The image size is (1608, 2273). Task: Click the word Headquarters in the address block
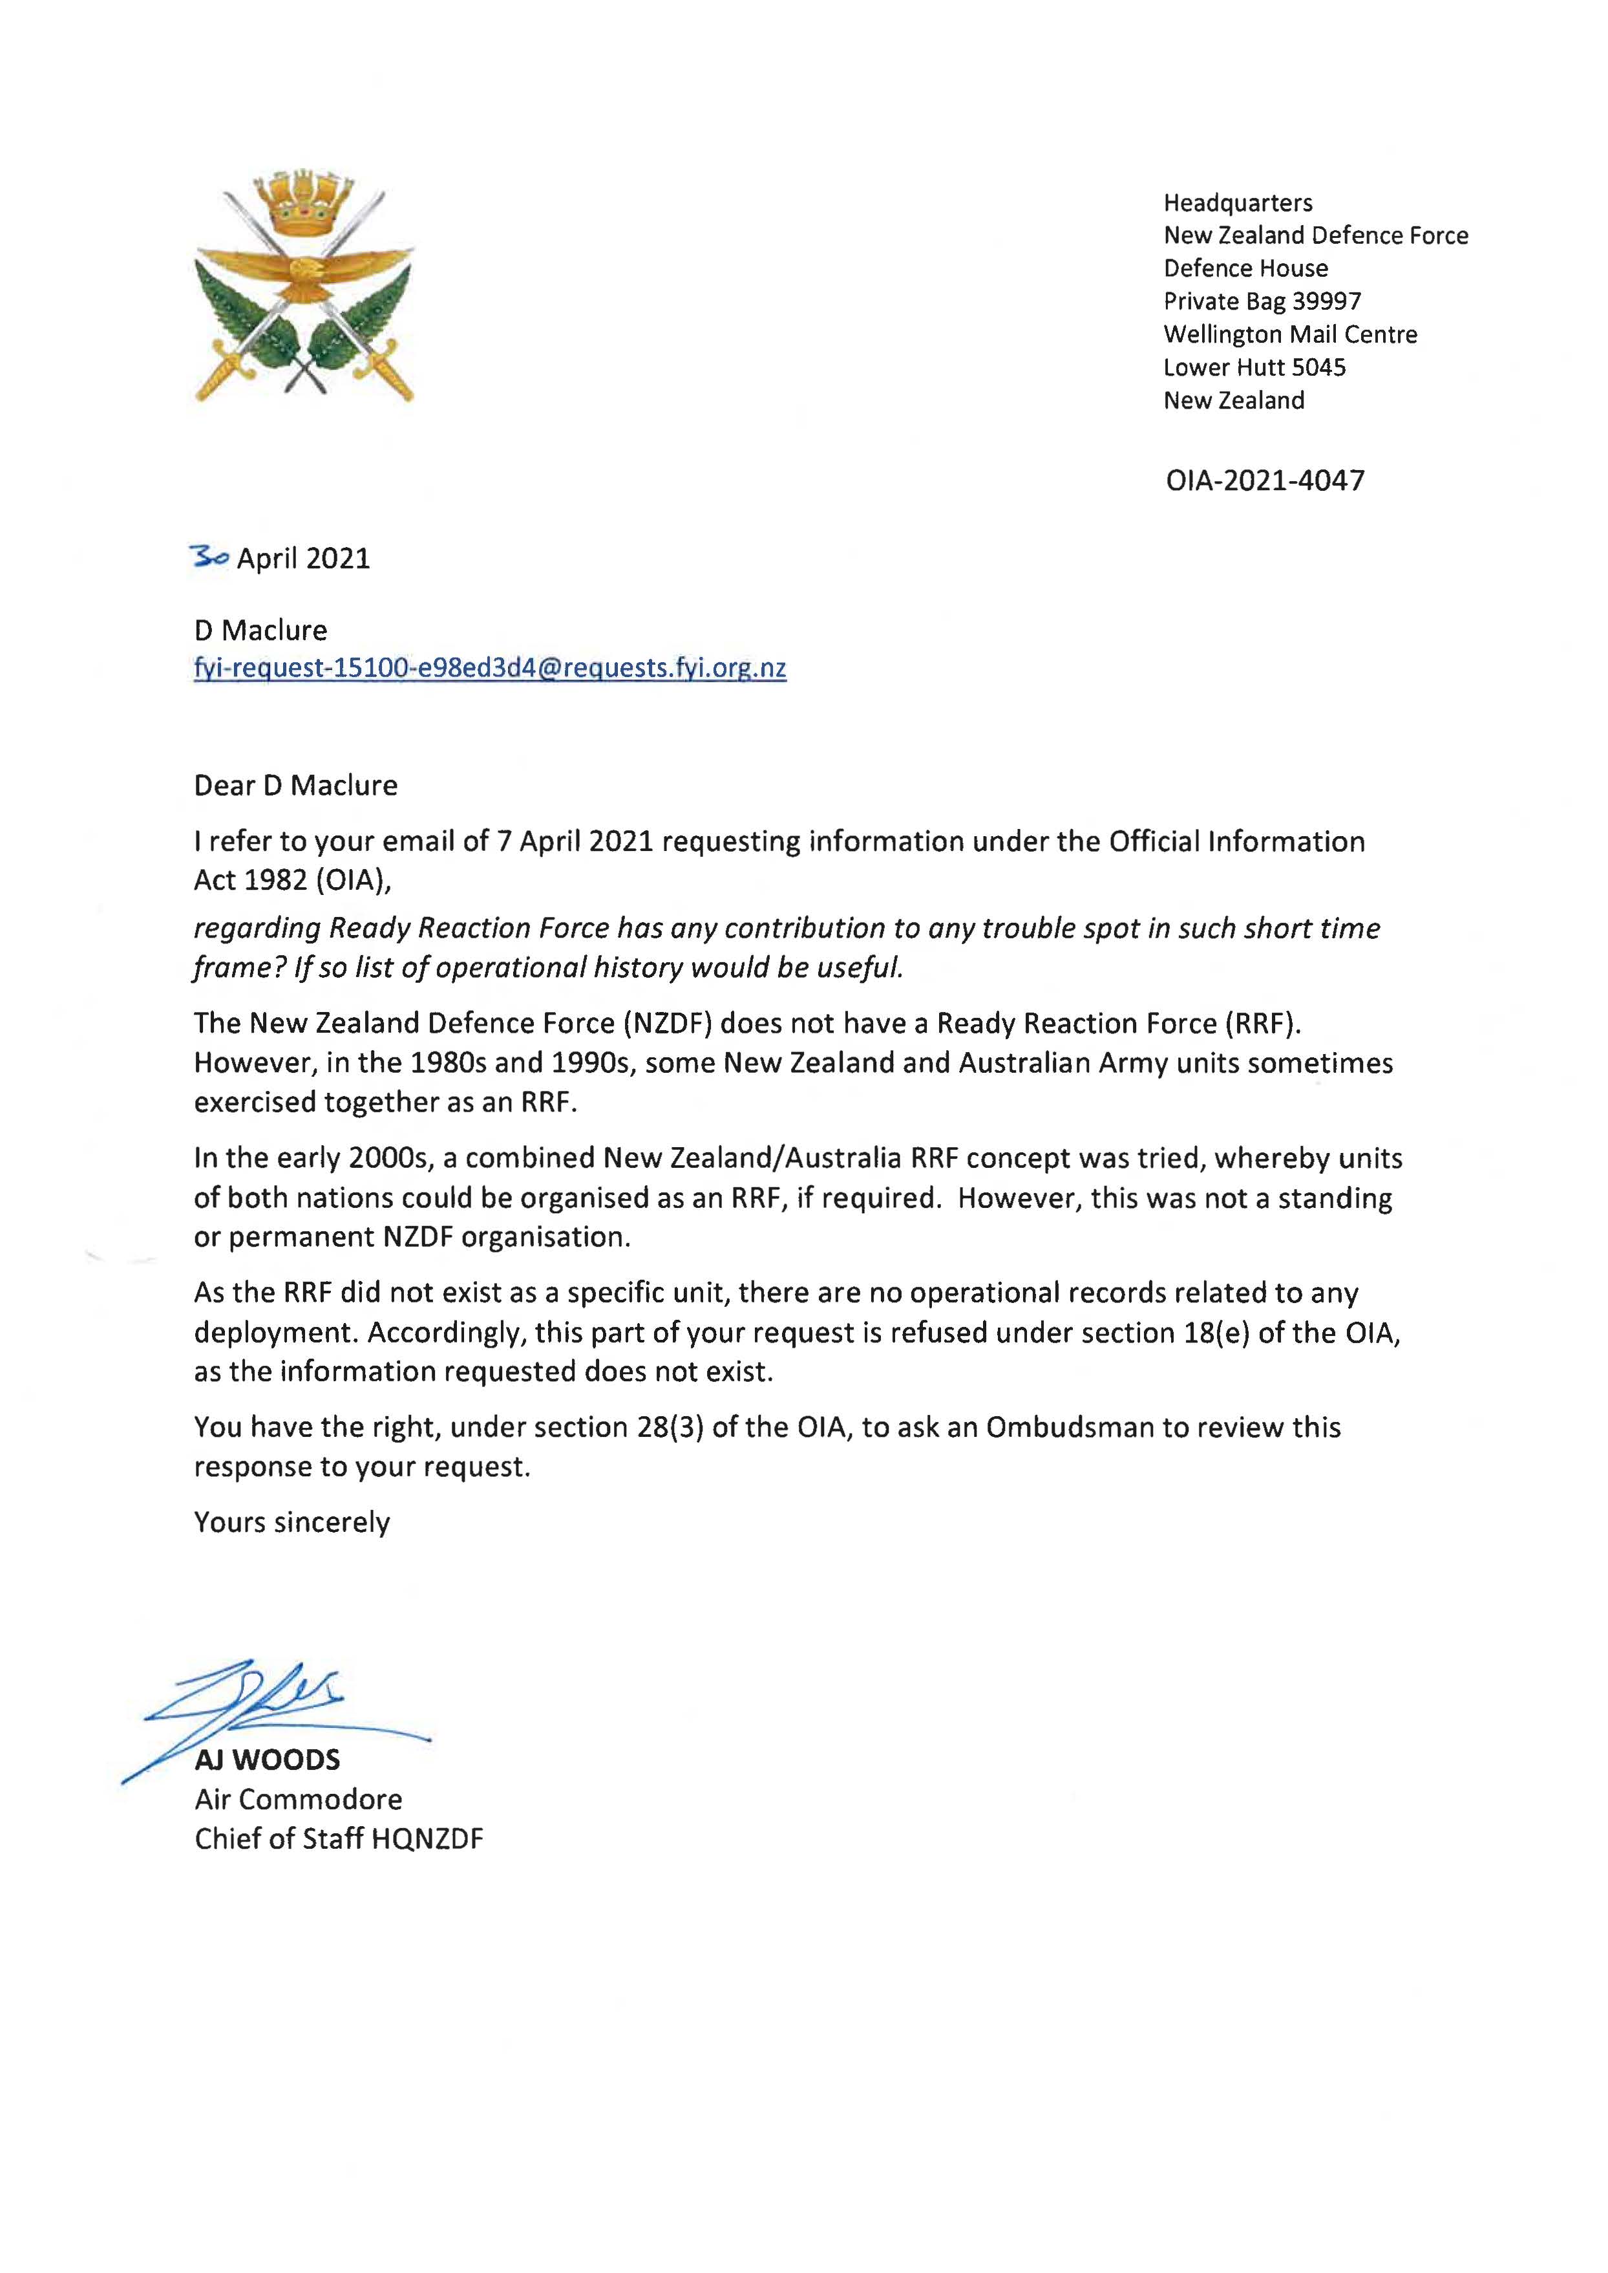(1238, 203)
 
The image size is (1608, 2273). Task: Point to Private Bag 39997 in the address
(1262, 301)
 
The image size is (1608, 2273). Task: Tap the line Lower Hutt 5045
(1254, 367)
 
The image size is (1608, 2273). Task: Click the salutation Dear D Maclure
(295, 786)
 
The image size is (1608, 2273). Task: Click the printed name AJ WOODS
(268, 1760)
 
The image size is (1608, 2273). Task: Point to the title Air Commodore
(298, 1800)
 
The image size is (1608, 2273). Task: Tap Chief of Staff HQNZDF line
(339, 1839)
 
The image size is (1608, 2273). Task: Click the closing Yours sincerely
(292, 1522)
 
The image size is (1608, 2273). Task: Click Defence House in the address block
(1245, 268)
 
